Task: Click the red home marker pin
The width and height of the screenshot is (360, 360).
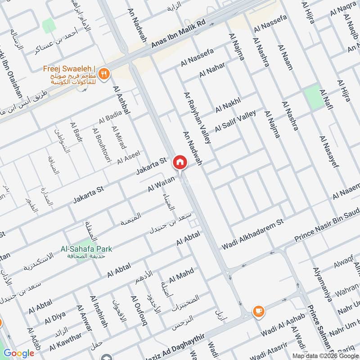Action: [x=180, y=162]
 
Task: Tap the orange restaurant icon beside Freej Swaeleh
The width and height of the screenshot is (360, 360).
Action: [x=104, y=74]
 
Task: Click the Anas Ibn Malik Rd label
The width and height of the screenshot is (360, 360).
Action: [x=178, y=33]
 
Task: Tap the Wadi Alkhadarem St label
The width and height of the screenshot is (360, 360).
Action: [x=253, y=234]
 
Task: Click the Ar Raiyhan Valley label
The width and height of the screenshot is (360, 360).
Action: [x=197, y=118]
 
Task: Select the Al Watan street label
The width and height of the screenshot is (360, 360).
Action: [x=161, y=184]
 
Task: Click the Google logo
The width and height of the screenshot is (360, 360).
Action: [x=19, y=353]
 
